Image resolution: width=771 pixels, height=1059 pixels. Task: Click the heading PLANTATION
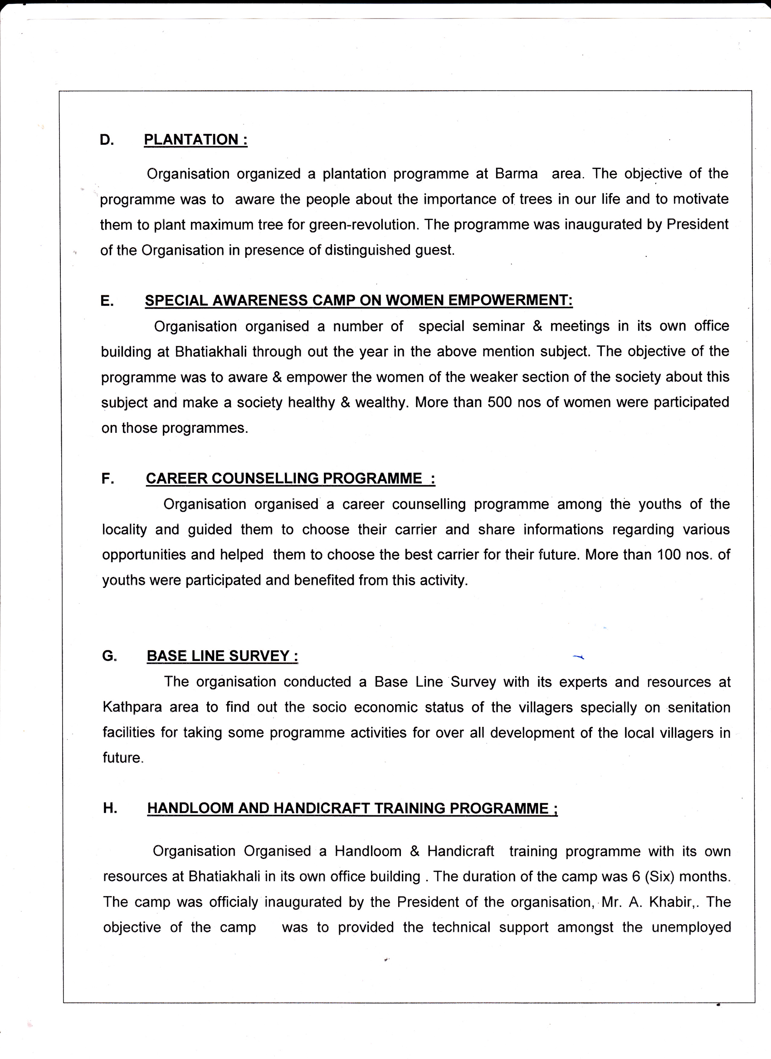[x=195, y=140]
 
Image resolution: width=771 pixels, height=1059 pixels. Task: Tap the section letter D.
[x=107, y=140]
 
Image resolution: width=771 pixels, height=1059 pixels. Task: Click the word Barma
[x=516, y=174]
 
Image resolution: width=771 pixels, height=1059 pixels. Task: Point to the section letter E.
[x=107, y=301]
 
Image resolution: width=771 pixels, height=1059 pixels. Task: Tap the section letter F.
[x=107, y=479]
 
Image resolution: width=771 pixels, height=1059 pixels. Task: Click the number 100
[x=669, y=555]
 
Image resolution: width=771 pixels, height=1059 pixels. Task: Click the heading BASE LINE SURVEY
[x=222, y=656]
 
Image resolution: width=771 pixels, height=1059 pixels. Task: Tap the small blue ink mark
[x=579, y=657]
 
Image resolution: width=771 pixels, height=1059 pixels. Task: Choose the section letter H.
[x=110, y=808]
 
